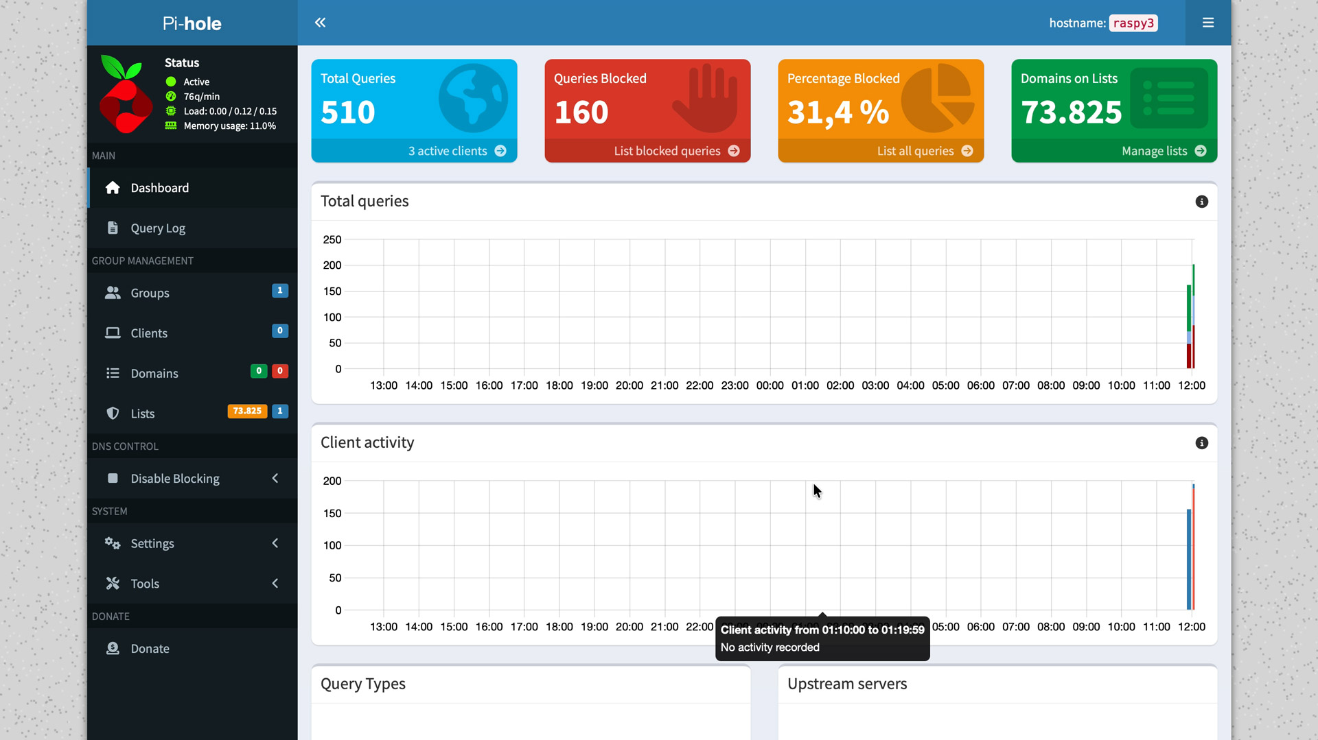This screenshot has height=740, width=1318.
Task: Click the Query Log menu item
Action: [x=158, y=228]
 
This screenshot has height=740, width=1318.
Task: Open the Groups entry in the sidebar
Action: [x=150, y=293]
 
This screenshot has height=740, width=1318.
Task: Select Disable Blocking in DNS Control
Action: [x=175, y=479]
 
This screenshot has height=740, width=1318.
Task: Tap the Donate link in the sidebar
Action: [x=150, y=649]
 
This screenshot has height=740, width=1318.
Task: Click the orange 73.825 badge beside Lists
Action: [x=247, y=411]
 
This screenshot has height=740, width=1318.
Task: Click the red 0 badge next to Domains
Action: [x=279, y=371]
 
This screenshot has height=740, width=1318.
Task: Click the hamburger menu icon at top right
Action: [x=1208, y=23]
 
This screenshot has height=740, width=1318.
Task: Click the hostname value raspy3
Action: [x=1133, y=23]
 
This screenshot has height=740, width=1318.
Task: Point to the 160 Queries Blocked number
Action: [x=581, y=112]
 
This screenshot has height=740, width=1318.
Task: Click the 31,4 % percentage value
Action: [x=838, y=112]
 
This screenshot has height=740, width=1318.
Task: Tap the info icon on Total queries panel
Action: [x=1201, y=202]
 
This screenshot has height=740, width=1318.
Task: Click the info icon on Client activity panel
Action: [x=1201, y=443]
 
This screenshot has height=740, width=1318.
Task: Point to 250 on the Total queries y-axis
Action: [x=332, y=239]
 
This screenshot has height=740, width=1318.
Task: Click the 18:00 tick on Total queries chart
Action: [x=559, y=385]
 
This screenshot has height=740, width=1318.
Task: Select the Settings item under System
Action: [x=152, y=544]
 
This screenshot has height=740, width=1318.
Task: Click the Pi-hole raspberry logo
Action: [x=125, y=95]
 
